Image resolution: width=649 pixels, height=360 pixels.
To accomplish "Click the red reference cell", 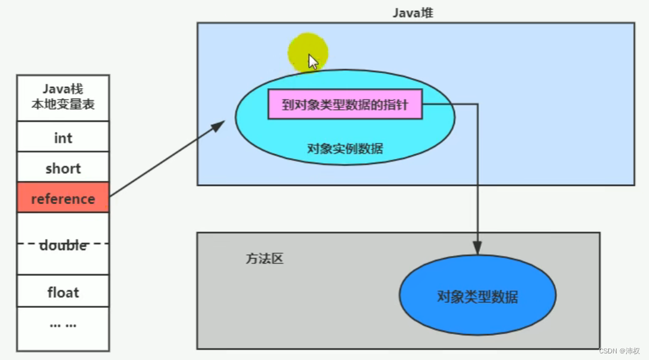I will pyautogui.click(x=62, y=198).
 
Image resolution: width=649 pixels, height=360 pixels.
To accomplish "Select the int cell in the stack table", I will pyautogui.click(x=62, y=137).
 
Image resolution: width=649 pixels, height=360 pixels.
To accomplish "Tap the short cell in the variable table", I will pyautogui.click(x=62, y=168).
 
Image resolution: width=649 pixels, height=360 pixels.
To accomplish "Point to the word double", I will pyautogui.click(x=63, y=245).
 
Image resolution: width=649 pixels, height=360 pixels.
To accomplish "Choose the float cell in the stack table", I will pyautogui.click(x=62, y=292).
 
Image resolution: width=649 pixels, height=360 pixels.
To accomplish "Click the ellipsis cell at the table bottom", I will pyautogui.click(x=62, y=325).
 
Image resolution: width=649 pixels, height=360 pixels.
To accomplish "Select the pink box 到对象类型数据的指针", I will pyautogui.click(x=345, y=105).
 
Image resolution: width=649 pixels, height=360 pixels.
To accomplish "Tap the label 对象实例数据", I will pyautogui.click(x=345, y=148).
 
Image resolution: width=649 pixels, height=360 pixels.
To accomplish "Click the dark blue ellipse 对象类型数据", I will pyautogui.click(x=477, y=296).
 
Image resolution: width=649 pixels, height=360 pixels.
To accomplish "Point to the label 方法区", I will pyautogui.click(x=264, y=259).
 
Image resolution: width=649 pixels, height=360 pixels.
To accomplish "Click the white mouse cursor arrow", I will pyautogui.click(x=313, y=62).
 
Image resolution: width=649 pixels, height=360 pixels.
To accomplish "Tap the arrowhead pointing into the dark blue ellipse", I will pyautogui.click(x=477, y=248).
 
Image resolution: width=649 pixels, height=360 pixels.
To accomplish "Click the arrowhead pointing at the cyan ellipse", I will pyautogui.click(x=219, y=124).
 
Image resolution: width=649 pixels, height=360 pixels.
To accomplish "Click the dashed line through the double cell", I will pyautogui.click(x=27, y=244).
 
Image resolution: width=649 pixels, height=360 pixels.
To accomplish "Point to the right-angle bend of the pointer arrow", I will pyautogui.click(x=477, y=104).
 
